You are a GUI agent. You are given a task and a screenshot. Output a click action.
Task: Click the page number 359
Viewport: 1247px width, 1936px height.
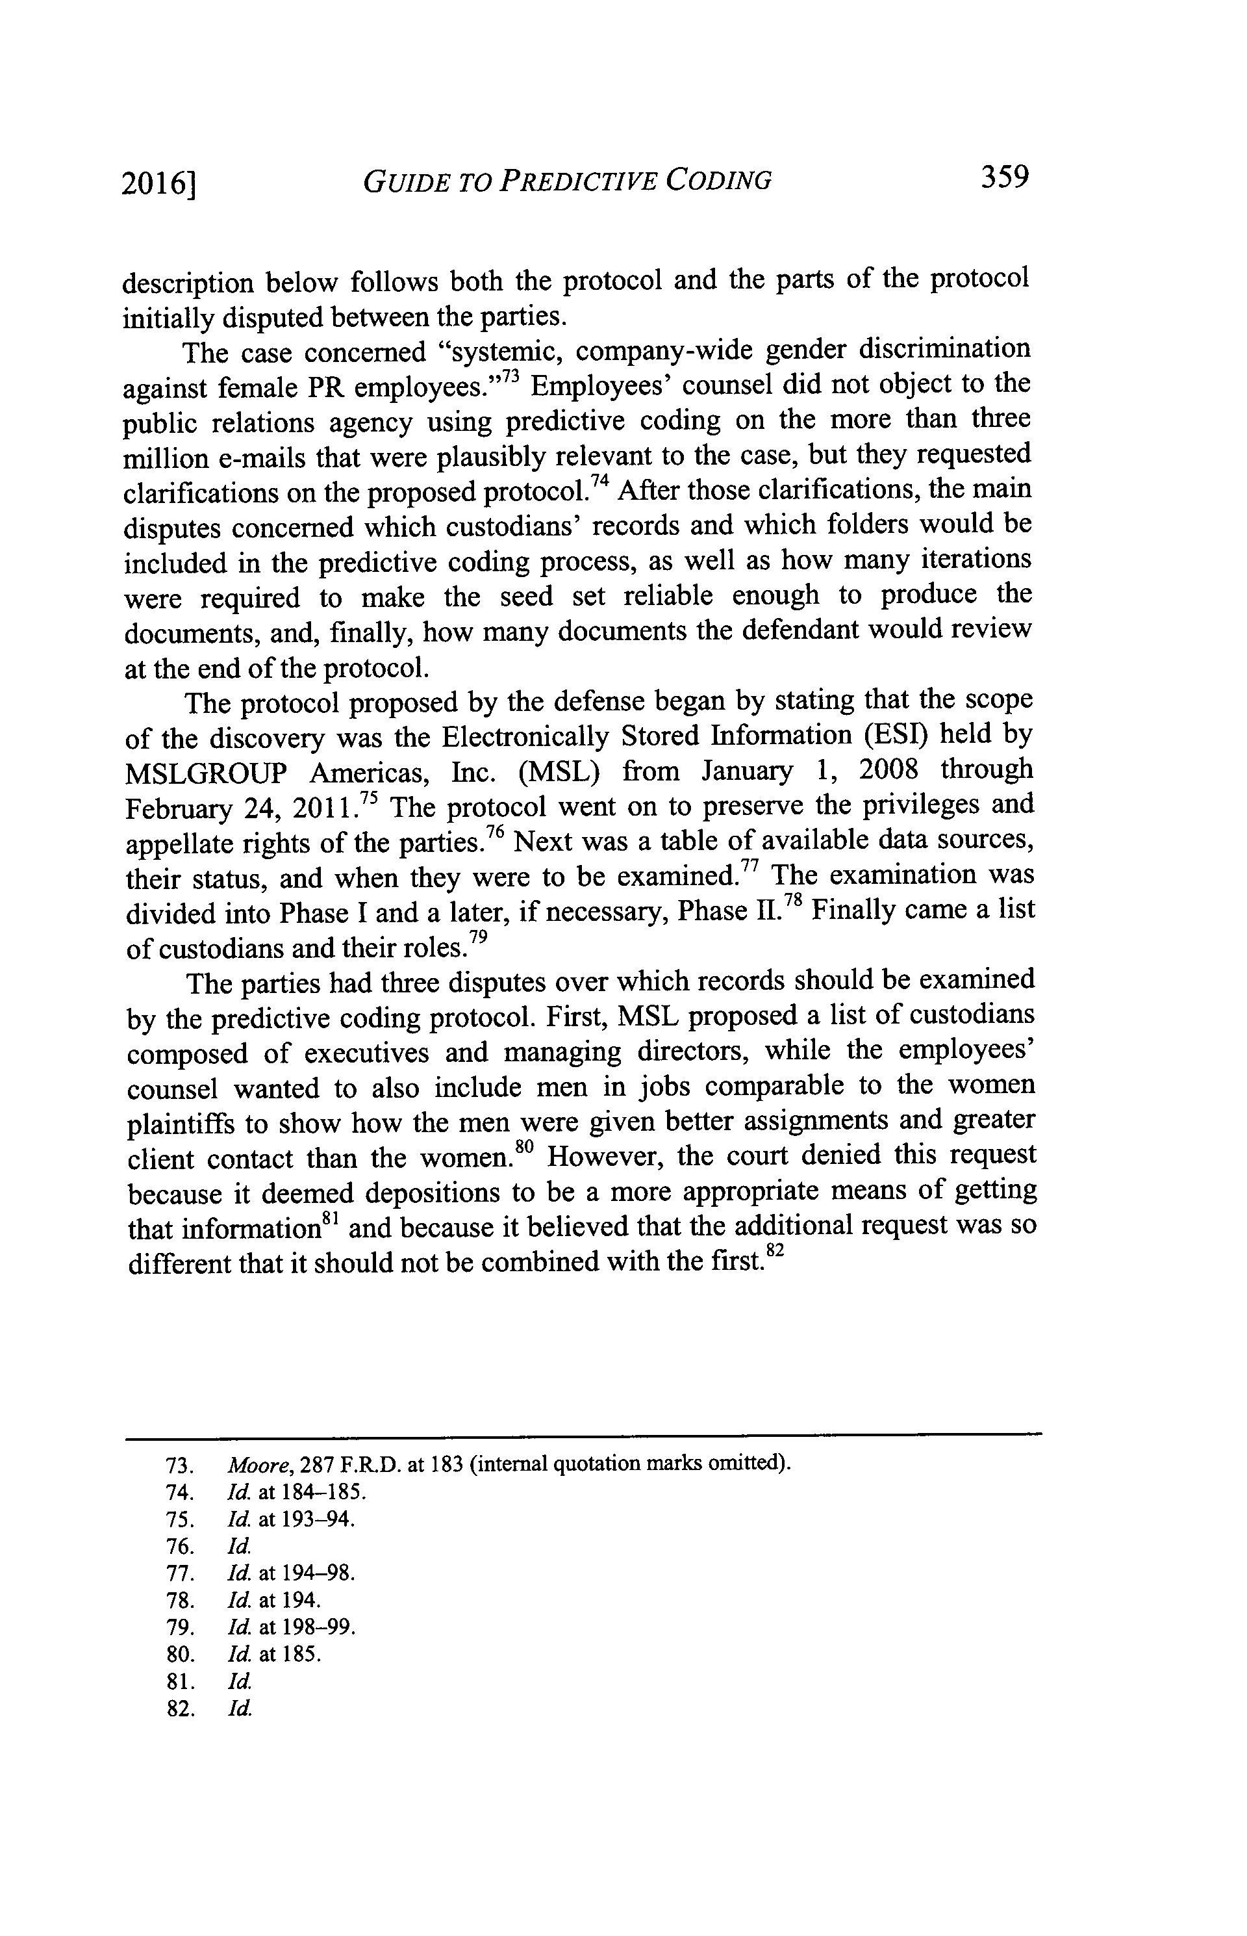click(x=1004, y=177)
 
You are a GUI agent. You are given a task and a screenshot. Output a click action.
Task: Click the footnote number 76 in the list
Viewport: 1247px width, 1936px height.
click(x=179, y=1546)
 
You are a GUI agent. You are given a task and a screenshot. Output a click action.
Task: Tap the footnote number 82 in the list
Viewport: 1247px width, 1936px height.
click(x=179, y=1709)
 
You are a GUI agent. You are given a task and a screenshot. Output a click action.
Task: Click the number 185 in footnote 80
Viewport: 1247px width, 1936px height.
click(x=305, y=1655)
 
